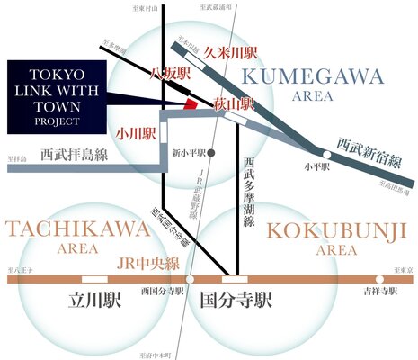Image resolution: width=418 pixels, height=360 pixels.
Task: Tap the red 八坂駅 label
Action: tap(170, 74)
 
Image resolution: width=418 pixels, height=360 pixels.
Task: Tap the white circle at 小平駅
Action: tap(328, 155)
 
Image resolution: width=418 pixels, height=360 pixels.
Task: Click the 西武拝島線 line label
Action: tap(71, 154)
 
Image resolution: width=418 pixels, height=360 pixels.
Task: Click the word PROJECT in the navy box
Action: tap(58, 118)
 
